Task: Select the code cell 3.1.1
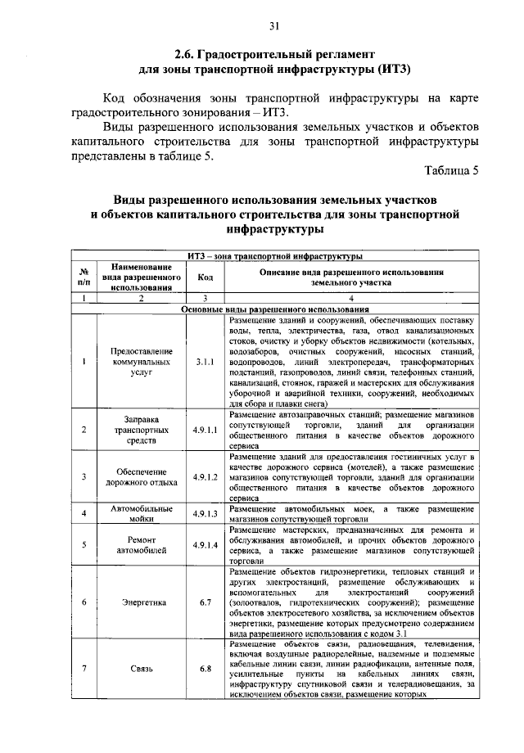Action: (x=205, y=360)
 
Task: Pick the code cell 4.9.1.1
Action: (x=205, y=429)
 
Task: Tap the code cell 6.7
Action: (x=205, y=602)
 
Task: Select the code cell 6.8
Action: (x=205, y=669)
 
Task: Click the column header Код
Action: (x=205, y=277)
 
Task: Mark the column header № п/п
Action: (x=84, y=277)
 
